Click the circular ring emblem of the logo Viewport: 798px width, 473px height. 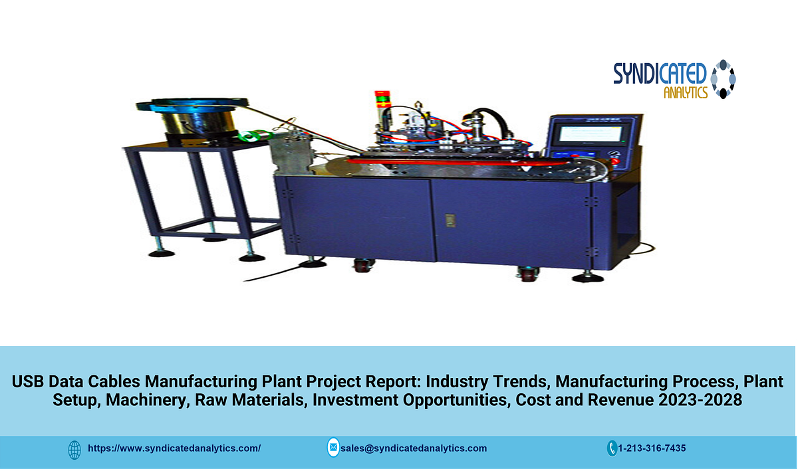(x=724, y=80)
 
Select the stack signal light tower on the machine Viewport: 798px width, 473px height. (x=381, y=100)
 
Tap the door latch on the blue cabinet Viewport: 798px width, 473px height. (x=449, y=218)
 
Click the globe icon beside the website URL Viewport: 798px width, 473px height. (x=75, y=449)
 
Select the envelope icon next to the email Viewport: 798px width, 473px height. (x=332, y=448)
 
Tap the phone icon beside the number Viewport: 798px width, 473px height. (x=612, y=448)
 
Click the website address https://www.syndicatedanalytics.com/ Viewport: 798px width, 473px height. (x=174, y=448)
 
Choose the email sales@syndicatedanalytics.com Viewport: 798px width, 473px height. (x=414, y=448)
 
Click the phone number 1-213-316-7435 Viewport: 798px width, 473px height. (x=652, y=448)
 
